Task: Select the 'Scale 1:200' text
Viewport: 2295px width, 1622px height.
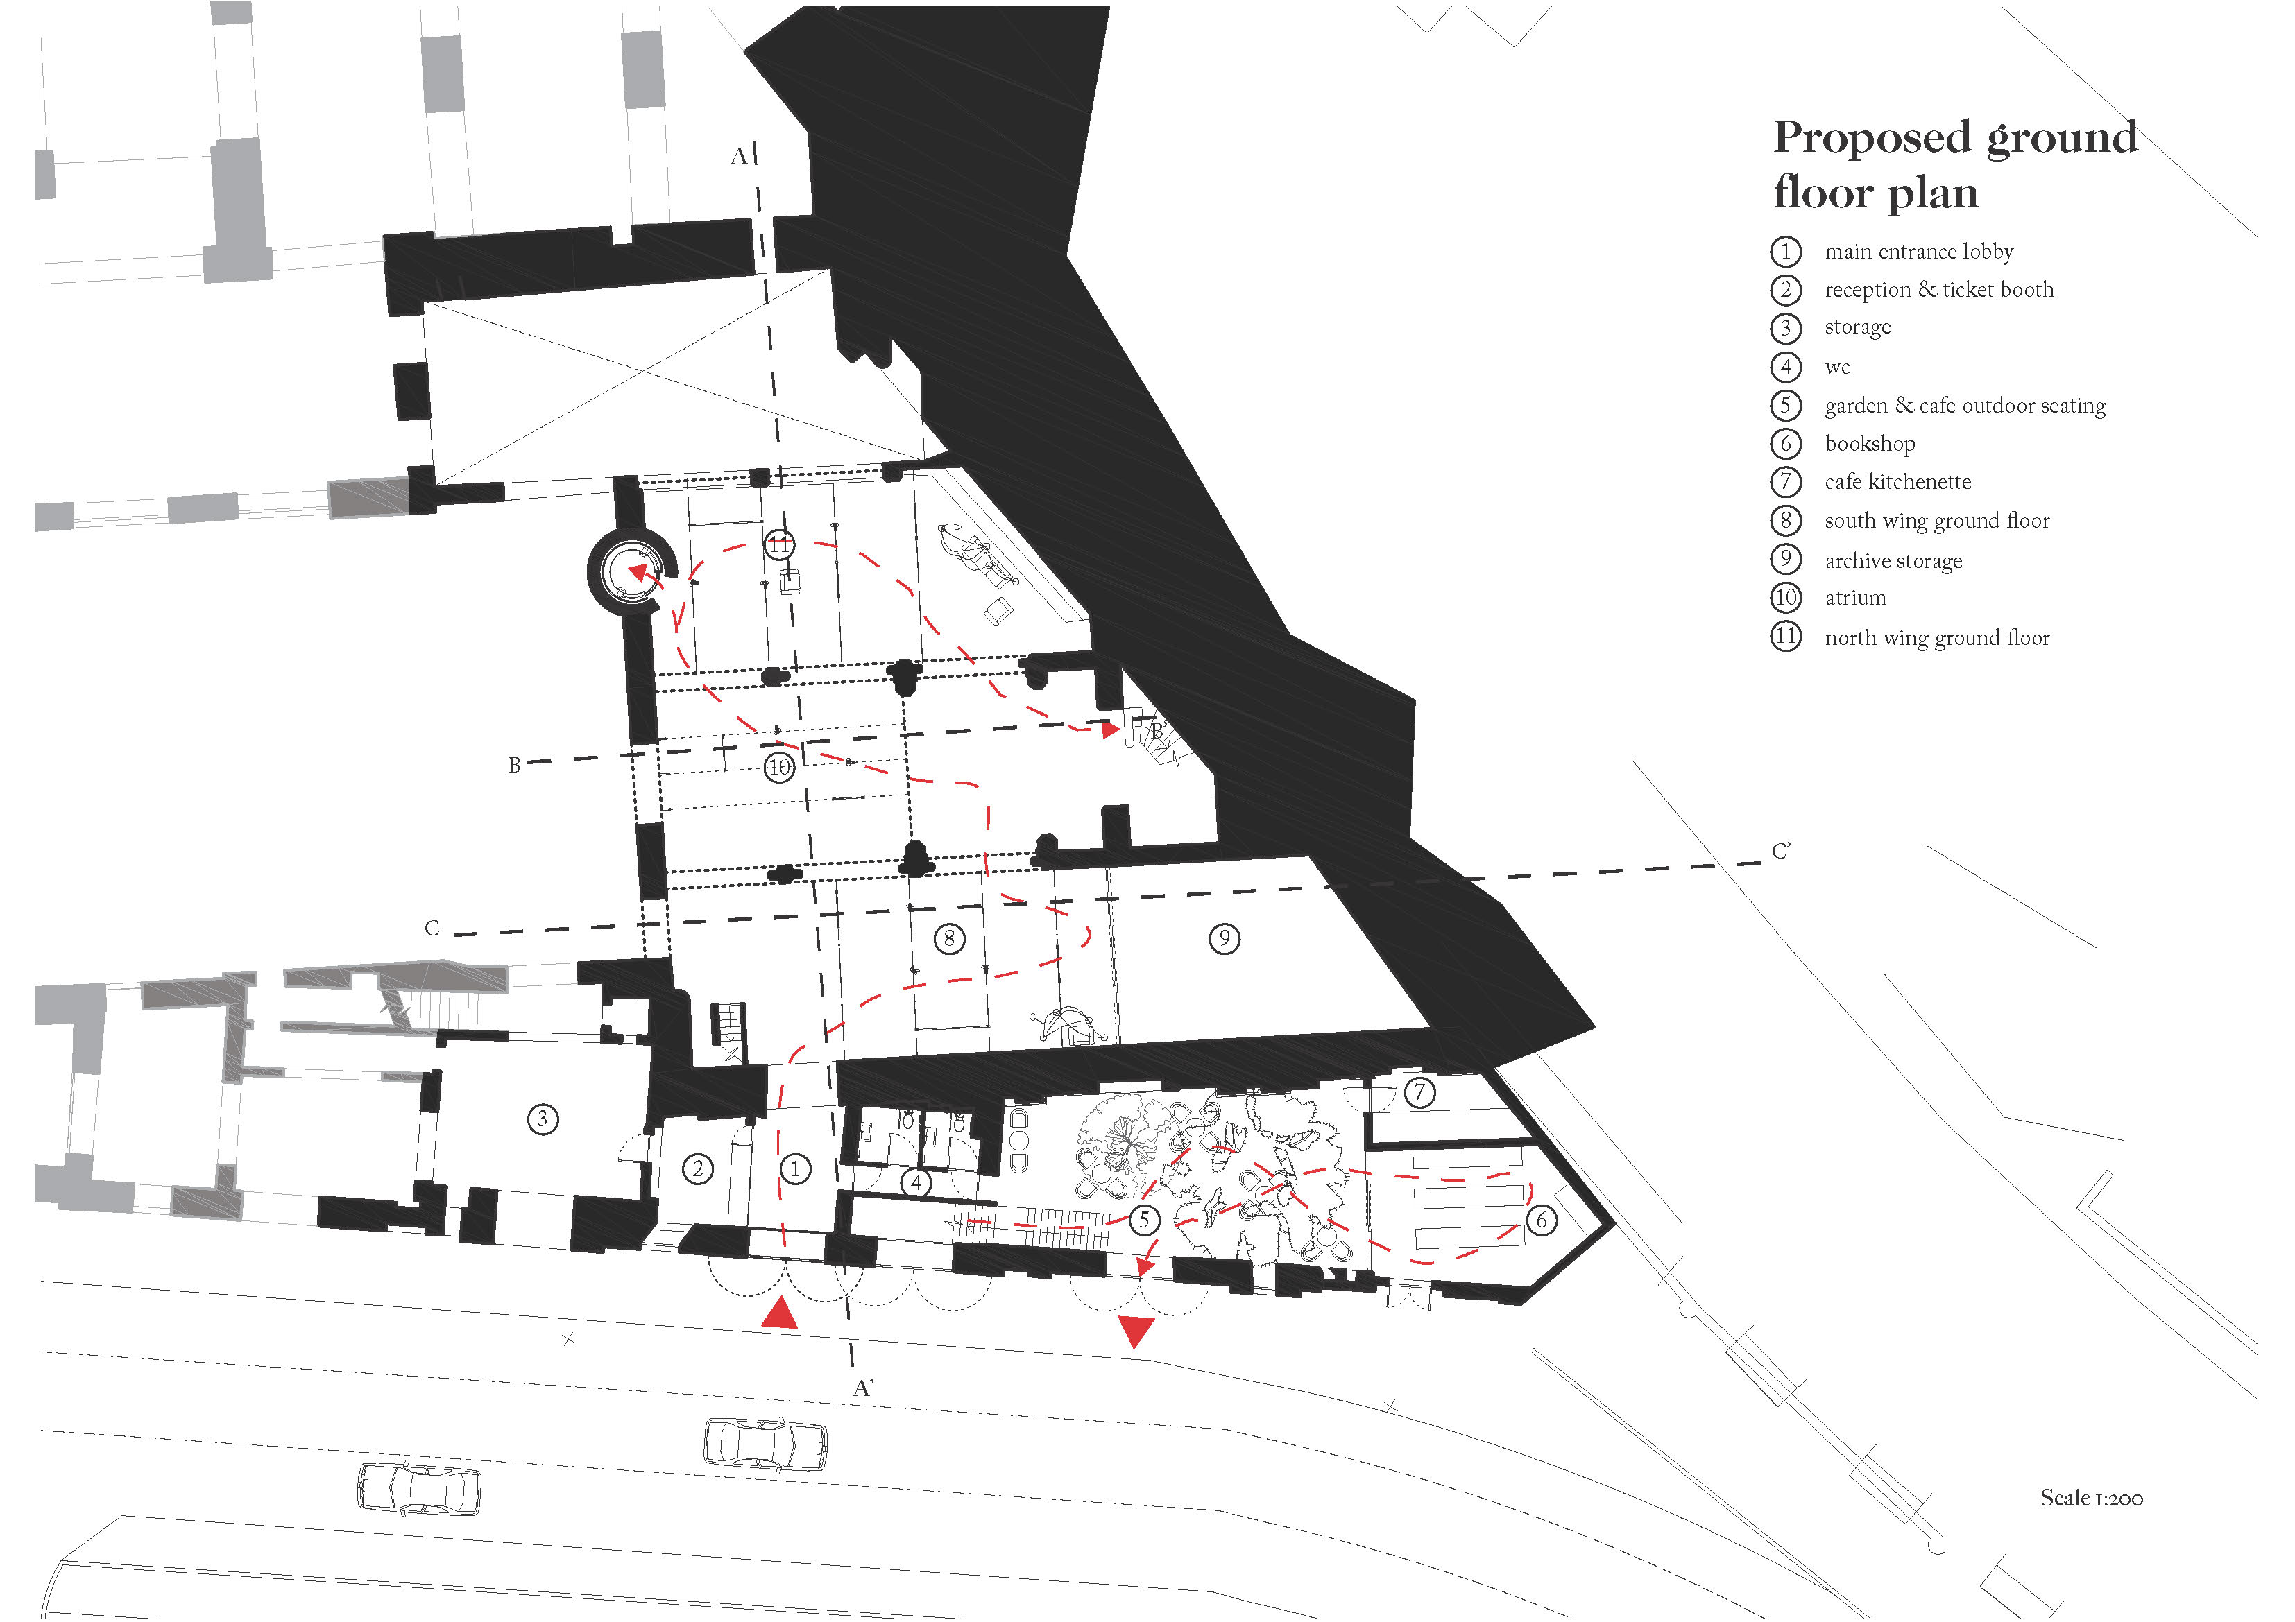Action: [2091, 1498]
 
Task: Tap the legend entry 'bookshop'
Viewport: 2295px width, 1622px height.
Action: [1869, 444]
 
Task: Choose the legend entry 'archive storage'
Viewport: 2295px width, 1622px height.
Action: [1893, 560]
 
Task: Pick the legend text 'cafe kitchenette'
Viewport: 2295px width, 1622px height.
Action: [1897, 482]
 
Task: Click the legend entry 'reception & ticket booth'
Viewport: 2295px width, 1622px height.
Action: [1938, 290]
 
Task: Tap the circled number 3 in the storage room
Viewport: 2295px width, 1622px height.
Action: [543, 1119]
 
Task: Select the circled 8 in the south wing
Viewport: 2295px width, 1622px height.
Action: [948, 938]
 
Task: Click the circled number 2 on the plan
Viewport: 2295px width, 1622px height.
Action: [698, 1168]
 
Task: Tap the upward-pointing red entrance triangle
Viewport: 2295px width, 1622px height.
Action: [780, 1314]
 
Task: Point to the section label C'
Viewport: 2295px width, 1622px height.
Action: [1781, 852]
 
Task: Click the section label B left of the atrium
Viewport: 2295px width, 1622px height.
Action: [514, 766]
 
